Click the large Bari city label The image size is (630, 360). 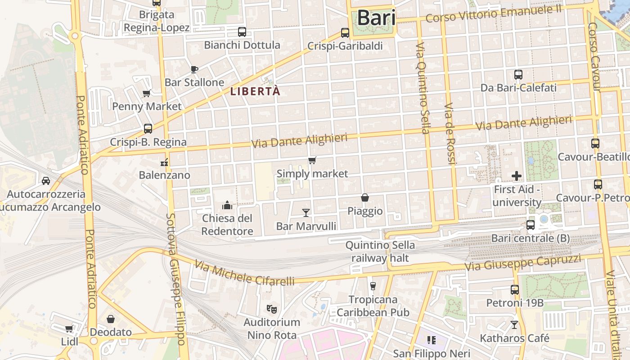[x=376, y=18]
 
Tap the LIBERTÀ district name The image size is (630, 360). [x=255, y=91]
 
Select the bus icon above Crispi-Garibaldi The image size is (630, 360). [x=345, y=33]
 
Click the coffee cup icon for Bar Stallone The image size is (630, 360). [x=194, y=69]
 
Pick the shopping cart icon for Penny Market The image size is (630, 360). [x=146, y=94]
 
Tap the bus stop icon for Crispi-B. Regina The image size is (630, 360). [x=148, y=129]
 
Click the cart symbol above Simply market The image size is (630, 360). [x=312, y=160]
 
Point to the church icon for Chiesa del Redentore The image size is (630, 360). [x=227, y=206]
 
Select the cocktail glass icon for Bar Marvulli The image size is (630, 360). [x=306, y=212]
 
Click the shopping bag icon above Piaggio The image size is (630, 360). [x=365, y=198]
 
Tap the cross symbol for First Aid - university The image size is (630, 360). [x=517, y=176]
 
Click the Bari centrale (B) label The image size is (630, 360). [x=531, y=238]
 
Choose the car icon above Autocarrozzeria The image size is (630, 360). [x=46, y=181]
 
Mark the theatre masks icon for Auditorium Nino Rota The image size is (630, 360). [x=271, y=309]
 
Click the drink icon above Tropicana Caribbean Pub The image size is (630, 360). [x=373, y=286]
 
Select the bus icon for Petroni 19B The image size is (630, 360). [x=515, y=290]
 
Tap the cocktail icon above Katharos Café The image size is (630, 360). [x=514, y=324]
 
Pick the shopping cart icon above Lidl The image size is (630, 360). [x=69, y=329]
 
